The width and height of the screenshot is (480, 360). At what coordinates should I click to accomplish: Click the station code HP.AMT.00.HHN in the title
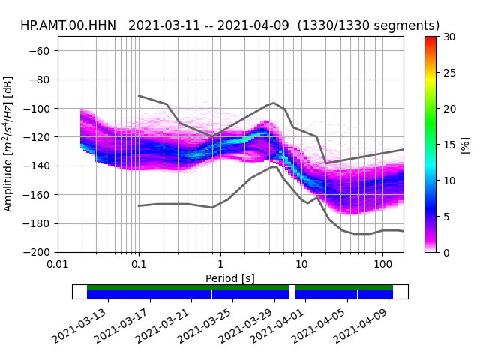pyautogui.click(x=68, y=25)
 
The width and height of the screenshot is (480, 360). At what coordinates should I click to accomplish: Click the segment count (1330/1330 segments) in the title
pyautogui.click(x=368, y=25)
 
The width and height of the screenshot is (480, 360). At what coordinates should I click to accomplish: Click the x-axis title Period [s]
pyautogui.click(x=230, y=278)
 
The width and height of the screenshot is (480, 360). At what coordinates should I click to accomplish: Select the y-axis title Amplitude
pyautogui.click(x=8, y=143)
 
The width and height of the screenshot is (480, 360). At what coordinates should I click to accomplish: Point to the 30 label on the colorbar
pyautogui.click(x=449, y=37)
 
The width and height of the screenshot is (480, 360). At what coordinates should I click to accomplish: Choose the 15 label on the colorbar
pyautogui.click(x=449, y=145)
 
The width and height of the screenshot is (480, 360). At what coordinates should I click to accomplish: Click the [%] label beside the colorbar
pyautogui.click(x=466, y=145)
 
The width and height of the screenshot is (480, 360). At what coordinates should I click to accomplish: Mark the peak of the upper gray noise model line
pyautogui.click(x=274, y=103)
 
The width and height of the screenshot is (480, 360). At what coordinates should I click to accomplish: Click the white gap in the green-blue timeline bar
pyautogui.click(x=292, y=292)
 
